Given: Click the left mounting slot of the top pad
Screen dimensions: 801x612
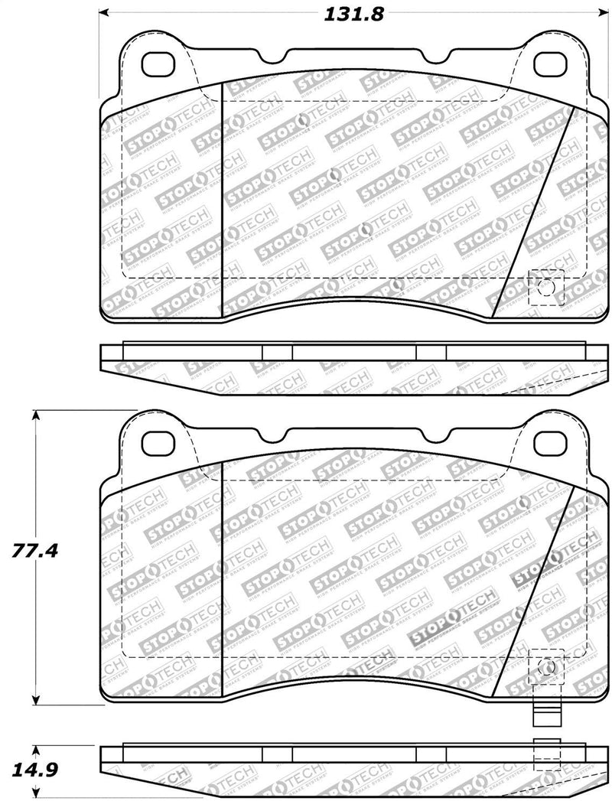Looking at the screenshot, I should [x=160, y=63].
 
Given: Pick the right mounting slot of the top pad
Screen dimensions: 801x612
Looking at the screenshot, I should [x=547, y=63].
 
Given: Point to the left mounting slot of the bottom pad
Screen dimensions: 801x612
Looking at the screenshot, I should [x=160, y=441].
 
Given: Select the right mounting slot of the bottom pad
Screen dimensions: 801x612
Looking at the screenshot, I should [x=547, y=441].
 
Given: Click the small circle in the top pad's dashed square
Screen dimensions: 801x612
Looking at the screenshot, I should [x=546, y=288].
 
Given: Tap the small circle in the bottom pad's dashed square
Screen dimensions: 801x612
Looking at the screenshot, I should [x=546, y=666].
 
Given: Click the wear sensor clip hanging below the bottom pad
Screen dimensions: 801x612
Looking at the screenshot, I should [x=546, y=715].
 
